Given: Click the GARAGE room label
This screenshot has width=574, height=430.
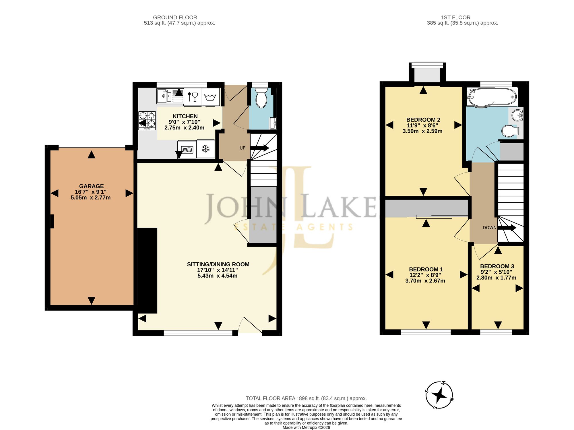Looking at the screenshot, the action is pos(91,186).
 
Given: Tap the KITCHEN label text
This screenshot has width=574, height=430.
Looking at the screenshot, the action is pos(185,116).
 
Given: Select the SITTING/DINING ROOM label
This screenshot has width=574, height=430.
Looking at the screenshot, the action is pos(218,264).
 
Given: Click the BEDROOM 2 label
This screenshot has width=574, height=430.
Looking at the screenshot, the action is pos(423,120).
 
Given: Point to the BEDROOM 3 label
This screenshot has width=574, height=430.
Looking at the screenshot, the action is pos(497,266).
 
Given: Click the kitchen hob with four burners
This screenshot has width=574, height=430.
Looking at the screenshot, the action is pos(147,121).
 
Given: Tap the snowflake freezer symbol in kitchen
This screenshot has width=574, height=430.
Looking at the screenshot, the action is pos(205,149).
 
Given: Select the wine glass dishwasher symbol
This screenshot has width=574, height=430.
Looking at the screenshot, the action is pos(193,96).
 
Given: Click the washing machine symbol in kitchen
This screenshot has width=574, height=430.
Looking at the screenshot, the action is pos(211,97).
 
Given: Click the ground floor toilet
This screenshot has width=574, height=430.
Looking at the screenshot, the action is pos(261,98).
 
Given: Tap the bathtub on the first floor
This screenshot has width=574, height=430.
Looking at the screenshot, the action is pos(492,97).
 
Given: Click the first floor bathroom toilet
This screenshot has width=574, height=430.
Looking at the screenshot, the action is pos(510,131).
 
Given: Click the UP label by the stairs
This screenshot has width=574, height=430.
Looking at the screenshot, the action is pos(243,148).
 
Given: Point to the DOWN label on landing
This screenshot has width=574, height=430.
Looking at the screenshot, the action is pos(490,228).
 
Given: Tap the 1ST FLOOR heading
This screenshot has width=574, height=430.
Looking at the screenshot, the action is pos(455,18).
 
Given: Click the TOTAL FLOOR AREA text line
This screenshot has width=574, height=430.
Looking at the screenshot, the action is pos(306,398).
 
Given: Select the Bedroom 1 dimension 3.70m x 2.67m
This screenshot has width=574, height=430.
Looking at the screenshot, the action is pos(425,281).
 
